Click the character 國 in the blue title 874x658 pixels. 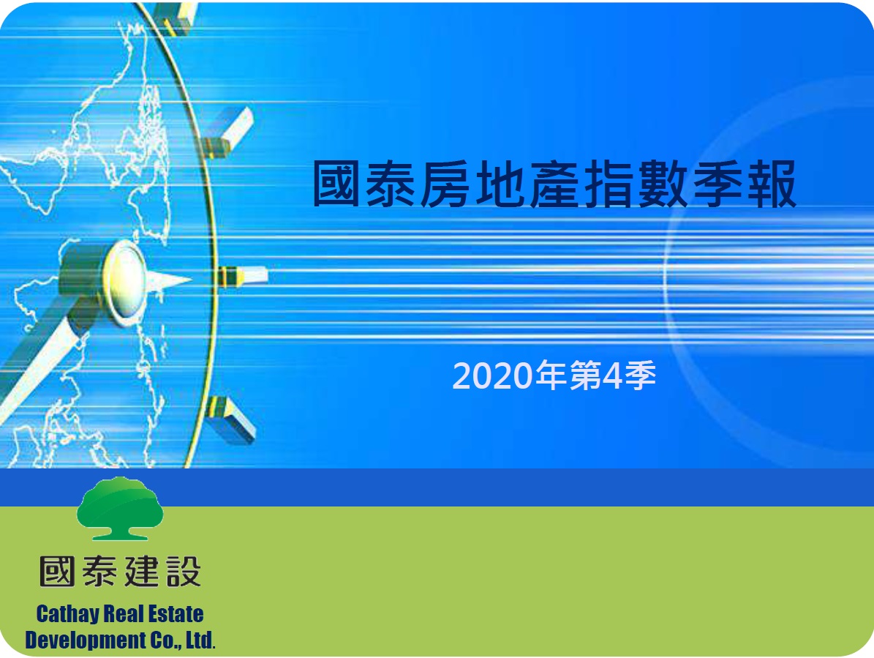click(x=336, y=184)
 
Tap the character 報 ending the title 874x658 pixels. click(x=772, y=184)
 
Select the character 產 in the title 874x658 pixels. click(x=554, y=184)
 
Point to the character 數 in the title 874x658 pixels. click(x=663, y=184)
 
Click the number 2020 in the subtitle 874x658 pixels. click(x=493, y=375)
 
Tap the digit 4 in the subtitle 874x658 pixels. click(x=612, y=375)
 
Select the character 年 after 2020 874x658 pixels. click(x=551, y=375)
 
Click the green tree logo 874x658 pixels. click(x=120, y=508)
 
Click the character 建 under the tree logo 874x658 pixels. click(x=142, y=572)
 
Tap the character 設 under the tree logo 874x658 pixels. click(x=184, y=572)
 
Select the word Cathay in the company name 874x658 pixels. click(x=69, y=614)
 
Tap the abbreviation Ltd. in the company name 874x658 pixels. click(x=200, y=640)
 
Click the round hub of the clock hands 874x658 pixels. click(x=123, y=283)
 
